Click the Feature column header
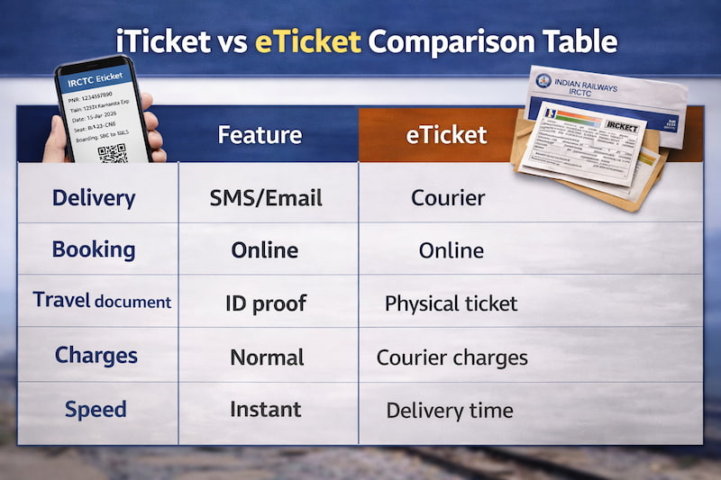tap(260, 135)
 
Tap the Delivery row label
tap(95, 198)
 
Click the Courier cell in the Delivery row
tap(448, 198)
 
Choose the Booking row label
tap(94, 249)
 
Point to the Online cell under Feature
tap(265, 250)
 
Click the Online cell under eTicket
tap(451, 250)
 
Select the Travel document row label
tap(102, 301)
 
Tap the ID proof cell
tap(267, 303)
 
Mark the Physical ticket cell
tap(451, 303)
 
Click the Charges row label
tap(96, 355)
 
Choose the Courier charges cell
tap(452, 357)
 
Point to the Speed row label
tap(96, 410)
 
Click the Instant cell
tap(265, 410)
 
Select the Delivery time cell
tap(450, 411)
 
